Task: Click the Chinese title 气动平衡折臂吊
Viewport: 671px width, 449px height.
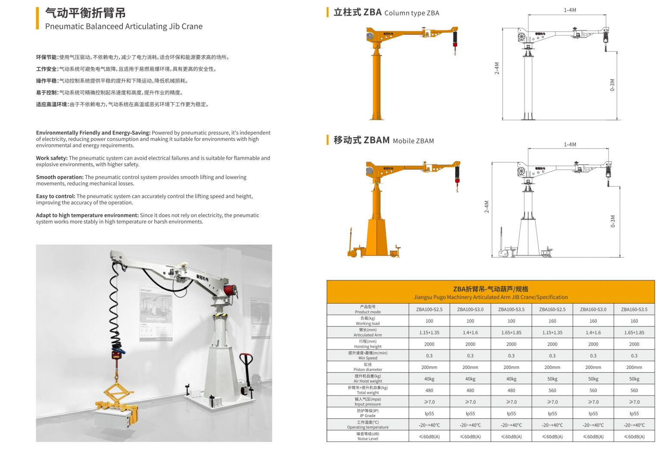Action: [x=85, y=13]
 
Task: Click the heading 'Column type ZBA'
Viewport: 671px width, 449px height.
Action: [x=412, y=13]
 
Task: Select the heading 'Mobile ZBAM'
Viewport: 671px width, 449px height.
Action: [x=413, y=141]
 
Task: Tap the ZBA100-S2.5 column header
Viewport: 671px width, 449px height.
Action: [x=429, y=309]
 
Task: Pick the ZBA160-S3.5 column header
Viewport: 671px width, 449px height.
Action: [x=634, y=309]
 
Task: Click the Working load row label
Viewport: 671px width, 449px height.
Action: [x=368, y=321]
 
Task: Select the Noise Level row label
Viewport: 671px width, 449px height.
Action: [x=368, y=436]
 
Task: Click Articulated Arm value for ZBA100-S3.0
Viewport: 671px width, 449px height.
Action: [x=470, y=333]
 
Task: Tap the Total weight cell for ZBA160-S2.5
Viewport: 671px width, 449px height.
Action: [x=552, y=390]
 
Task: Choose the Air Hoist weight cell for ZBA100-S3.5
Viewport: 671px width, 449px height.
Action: [x=511, y=379]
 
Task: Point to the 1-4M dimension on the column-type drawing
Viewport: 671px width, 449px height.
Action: [x=570, y=10]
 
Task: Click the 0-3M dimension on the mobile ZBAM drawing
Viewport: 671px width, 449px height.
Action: [x=613, y=221]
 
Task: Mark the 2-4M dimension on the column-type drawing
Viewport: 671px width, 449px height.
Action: [x=497, y=68]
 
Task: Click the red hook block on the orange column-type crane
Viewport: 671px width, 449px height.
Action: [x=455, y=45]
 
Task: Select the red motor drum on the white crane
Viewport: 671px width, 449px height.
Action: [x=230, y=290]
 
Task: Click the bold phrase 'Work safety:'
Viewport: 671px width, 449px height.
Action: [x=52, y=158]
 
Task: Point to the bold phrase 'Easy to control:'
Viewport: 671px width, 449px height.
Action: [x=56, y=196]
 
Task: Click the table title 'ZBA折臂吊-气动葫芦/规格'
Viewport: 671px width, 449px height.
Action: [x=490, y=289]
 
